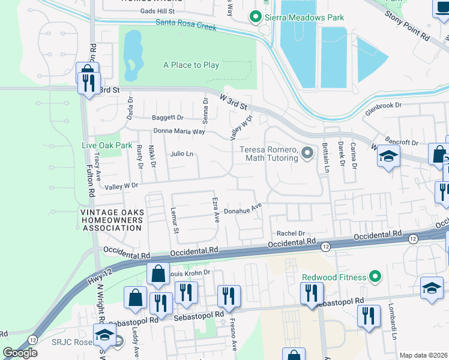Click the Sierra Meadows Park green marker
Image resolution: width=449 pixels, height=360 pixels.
[255, 17]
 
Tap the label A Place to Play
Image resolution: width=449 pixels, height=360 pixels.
[191, 65]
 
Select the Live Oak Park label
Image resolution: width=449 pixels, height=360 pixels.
[107, 145]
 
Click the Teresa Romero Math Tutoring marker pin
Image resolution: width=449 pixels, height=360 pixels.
[307, 154]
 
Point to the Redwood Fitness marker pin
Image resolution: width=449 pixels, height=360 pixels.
[375, 276]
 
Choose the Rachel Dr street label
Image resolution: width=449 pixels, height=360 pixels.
[291, 233]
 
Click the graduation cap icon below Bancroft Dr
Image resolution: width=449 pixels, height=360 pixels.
[388, 157]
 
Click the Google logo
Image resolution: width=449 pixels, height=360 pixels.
[20, 353]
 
